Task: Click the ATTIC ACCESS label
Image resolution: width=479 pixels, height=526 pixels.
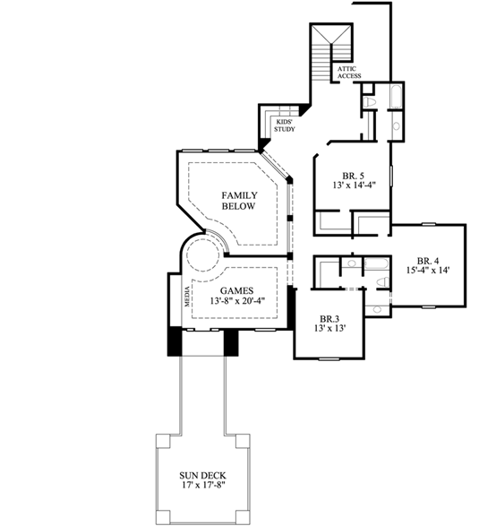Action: pyautogui.click(x=348, y=73)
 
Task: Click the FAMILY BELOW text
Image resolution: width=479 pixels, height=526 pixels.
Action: pyautogui.click(x=239, y=200)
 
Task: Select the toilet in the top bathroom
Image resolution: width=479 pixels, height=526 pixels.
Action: pyautogui.click(x=395, y=128)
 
